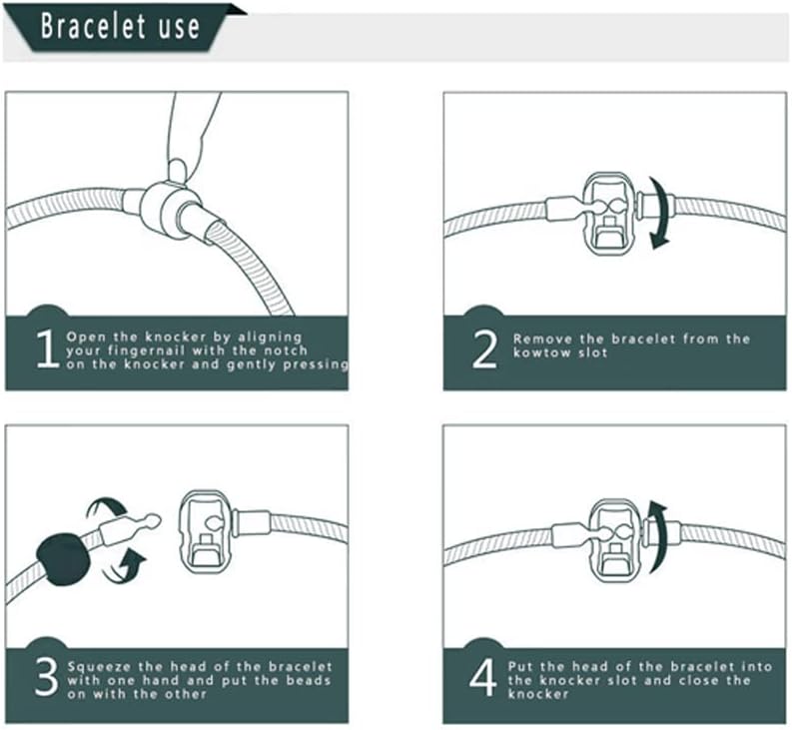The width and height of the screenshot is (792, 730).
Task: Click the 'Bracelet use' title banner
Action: point(120,27)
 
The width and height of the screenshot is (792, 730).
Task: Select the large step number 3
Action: point(46,676)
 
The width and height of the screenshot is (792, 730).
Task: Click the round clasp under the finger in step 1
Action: point(164,205)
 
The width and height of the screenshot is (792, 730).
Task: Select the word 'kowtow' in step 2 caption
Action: point(535,354)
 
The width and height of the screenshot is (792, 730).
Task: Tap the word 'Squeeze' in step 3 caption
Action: point(95,665)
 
